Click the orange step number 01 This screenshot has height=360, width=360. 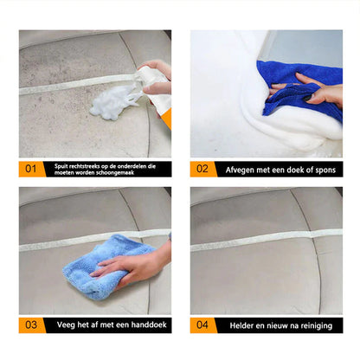(x=31, y=168)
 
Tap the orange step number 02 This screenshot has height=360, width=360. (x=202, y=168)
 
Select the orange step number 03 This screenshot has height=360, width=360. (x=31, y=325)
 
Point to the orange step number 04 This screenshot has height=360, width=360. (x=202, y=325)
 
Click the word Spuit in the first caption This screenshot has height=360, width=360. (x=61, y=164)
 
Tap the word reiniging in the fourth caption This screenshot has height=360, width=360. (x=316, y=325)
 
